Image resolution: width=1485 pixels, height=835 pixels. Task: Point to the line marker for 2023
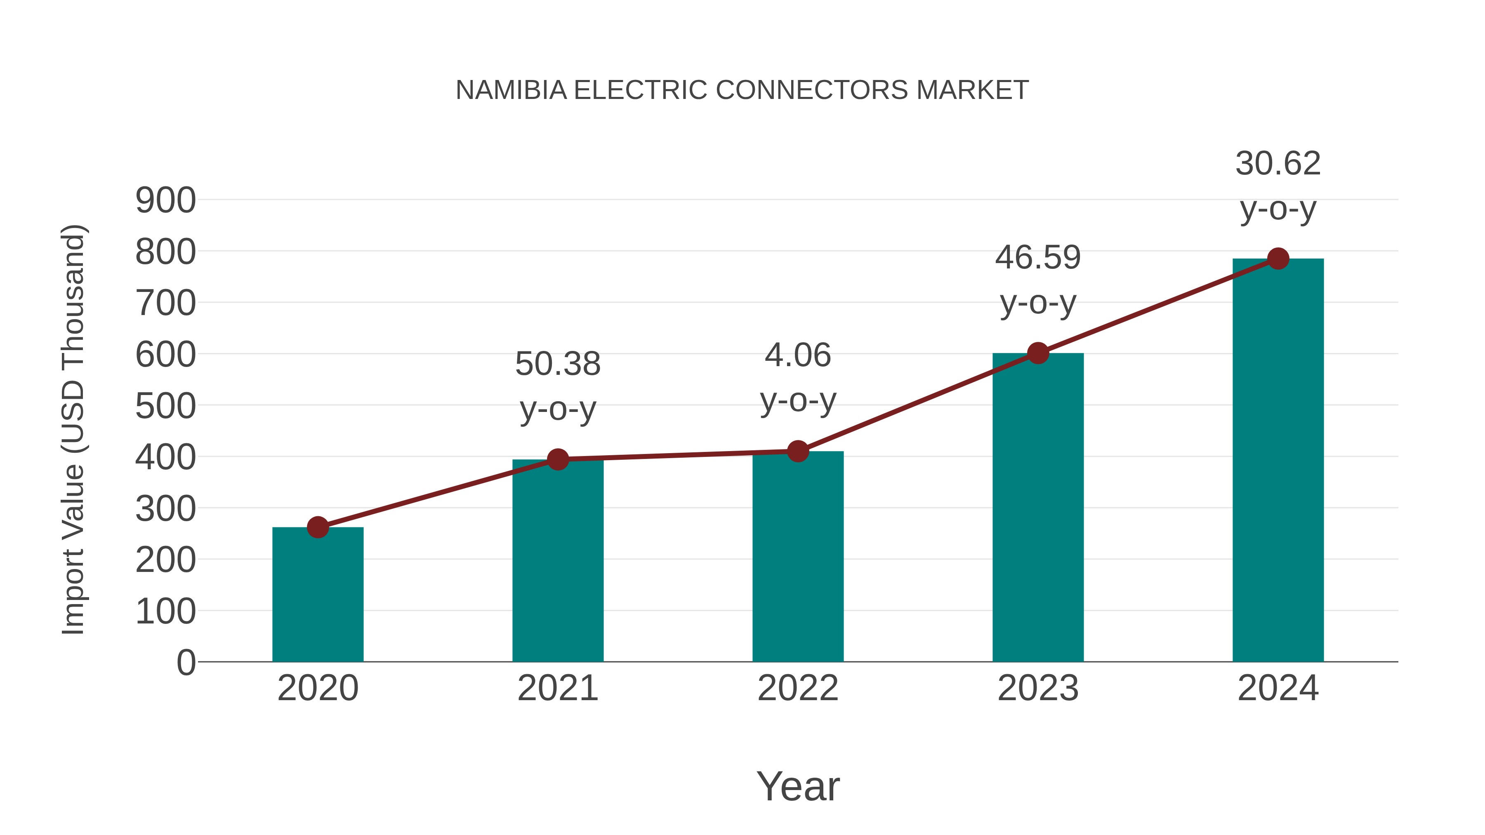[x=1038, y=353]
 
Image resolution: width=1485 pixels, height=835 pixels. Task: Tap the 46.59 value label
[x=1038, y=258]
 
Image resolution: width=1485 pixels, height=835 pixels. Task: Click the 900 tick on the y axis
[x=165, y=201]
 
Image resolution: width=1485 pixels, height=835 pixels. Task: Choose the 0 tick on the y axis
[x=186, y=662]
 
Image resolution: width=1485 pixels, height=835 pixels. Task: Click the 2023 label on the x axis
[x=1038, y=688]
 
